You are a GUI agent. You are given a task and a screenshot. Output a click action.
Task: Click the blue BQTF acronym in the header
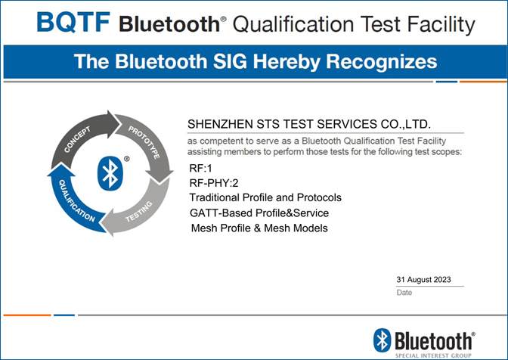[x=73, y=22]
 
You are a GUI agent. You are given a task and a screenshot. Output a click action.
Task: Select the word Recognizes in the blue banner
[x=381, y=61]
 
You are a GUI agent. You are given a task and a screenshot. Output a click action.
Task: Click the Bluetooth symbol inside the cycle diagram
[x=110, y=173]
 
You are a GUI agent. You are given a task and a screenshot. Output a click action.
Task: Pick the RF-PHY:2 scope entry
[x=214, y=183]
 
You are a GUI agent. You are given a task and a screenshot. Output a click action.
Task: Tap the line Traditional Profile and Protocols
[x=265, y=197]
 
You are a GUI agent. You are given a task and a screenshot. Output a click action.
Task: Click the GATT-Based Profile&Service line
[x=259, y=213]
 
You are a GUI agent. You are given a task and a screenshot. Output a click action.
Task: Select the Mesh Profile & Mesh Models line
[x=259, y=228]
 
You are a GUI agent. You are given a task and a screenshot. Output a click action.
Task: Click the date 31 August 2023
[x=423, y=280]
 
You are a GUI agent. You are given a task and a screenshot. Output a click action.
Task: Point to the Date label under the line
[x=404, y=293]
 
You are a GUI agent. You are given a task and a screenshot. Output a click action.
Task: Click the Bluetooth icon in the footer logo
[x=383, y=340]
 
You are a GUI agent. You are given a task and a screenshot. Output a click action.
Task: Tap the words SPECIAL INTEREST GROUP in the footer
[x=433, y=355]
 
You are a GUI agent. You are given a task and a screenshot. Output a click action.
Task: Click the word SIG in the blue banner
[x=230, y=61]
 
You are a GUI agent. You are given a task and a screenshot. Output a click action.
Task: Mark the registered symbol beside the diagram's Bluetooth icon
[x=127, y=159]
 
